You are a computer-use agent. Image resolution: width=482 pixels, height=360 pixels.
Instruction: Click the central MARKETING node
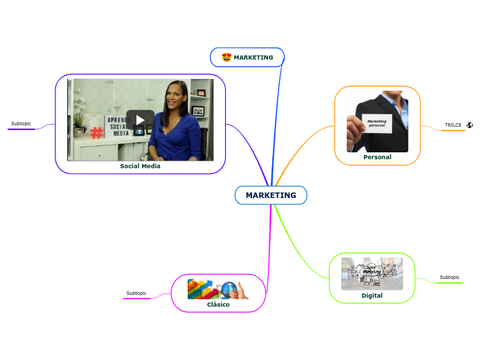point(271,195)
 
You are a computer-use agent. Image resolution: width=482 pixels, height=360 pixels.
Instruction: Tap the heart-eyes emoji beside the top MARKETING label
point(226,57)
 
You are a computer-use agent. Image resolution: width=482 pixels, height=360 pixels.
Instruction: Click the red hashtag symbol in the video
point(96,133)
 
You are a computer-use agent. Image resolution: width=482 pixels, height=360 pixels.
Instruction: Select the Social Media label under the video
point(140,166)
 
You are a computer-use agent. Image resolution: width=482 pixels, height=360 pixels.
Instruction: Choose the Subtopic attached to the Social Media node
point(21,124)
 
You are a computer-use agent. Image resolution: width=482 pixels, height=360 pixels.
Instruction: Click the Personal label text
point(377,157)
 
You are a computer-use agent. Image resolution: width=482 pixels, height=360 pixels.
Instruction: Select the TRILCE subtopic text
point(453,125)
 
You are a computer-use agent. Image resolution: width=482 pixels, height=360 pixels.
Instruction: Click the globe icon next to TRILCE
point(470,125)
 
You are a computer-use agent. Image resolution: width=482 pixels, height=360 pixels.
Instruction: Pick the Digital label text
point(372,296)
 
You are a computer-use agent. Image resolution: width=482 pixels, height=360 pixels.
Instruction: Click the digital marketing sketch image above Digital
point(372,274)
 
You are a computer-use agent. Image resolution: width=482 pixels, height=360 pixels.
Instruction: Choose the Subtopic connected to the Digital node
point(449,278)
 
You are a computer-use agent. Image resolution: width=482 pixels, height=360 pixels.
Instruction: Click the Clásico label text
point(218,305)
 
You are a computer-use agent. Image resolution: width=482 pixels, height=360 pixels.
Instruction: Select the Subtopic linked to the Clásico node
point(136,294)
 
